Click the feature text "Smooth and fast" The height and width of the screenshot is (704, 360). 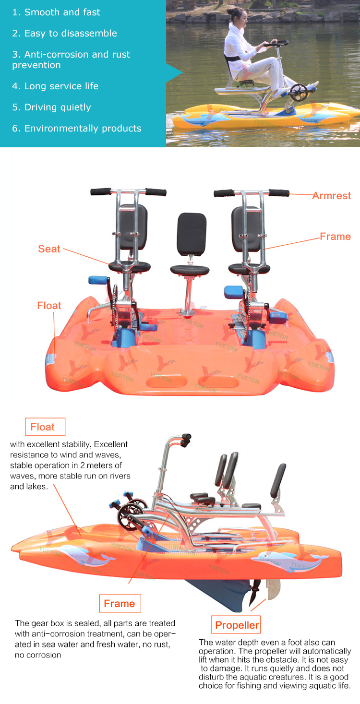tap(62, 12)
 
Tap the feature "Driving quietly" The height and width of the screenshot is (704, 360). tap(57, 107)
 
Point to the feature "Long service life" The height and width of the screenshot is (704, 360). tap(61, 86)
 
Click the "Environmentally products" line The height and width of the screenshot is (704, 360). tap(83, 129)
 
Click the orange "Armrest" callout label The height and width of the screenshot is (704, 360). tap(332, 196)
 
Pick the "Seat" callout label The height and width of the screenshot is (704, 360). tap(49, 249)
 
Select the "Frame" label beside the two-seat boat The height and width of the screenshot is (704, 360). tap(336, 237)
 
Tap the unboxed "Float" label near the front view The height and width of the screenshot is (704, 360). tap(49, 306)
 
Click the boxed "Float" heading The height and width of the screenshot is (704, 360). tap(43, 427)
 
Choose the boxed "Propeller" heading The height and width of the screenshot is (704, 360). tap(237, 625)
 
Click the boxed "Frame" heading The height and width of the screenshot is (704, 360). tap(120, 604)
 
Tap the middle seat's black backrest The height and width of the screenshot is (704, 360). tap(192, 234)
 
